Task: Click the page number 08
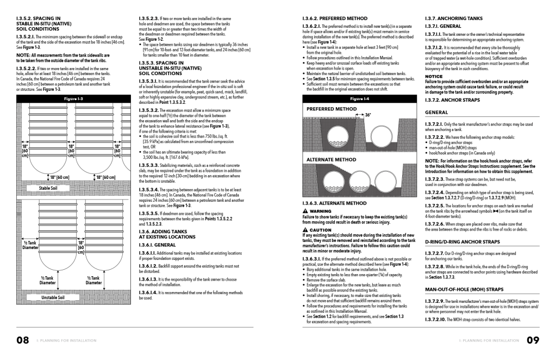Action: point(22,340)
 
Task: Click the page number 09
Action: point(533,340)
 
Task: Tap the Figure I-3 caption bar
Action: point(73,99)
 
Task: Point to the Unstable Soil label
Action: point(53,297)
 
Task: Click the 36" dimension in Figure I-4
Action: point(368,115)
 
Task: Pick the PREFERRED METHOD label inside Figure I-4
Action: point(332,109)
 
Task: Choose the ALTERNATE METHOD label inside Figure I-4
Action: point(332,160)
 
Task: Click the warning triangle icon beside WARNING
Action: point(305,210)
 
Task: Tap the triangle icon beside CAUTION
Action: point(305,229)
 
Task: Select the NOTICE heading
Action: point(434,77)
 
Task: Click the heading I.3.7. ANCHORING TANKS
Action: point(453,18)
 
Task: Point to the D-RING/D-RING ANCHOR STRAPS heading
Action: point(462,241)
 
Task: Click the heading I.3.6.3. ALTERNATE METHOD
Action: point(334,203)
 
